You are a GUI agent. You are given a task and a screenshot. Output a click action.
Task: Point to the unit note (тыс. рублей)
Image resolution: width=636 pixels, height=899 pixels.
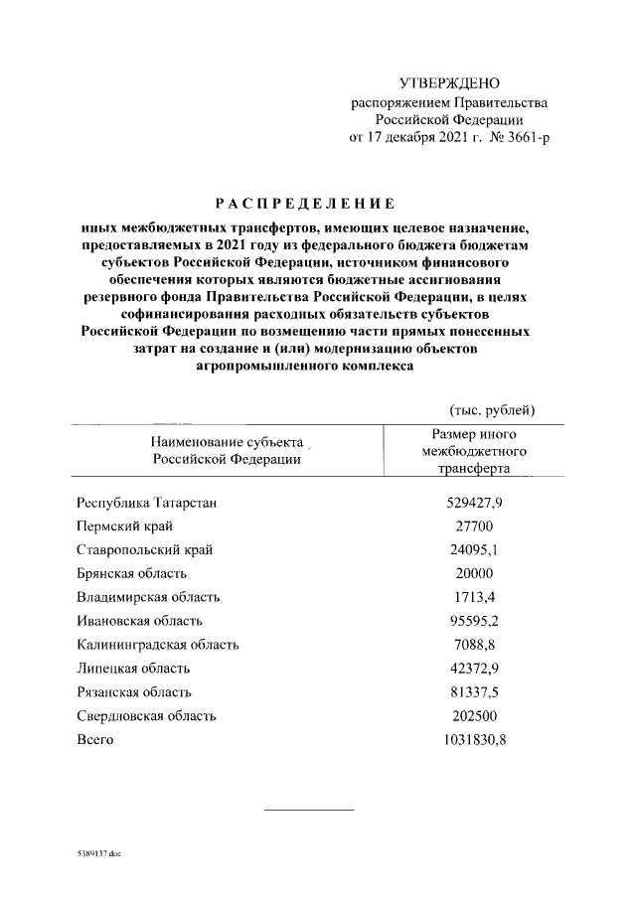tap(493, 409)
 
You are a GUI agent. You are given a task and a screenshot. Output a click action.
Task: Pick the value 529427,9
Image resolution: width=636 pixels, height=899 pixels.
tap(474, 503)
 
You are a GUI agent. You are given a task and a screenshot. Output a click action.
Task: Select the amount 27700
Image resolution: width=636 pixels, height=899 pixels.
tap(474, 526)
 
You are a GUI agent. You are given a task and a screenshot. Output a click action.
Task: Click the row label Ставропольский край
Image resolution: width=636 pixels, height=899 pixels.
tap(144, 549)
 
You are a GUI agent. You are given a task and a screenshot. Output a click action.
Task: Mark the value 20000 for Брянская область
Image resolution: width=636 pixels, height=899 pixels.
tap(474, 573)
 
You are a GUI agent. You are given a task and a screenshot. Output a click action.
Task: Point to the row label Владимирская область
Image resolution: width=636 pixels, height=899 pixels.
tap(148, 597)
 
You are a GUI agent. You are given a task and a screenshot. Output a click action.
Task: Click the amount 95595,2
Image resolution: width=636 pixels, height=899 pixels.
tap(474, 621)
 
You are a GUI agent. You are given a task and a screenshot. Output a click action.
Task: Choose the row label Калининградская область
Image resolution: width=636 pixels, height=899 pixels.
tap(157, 645)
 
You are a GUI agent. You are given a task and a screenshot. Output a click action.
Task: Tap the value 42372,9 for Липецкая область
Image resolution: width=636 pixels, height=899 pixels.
tap(474, 669)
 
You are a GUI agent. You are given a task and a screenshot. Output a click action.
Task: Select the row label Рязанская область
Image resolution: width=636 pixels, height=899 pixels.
tap(134, 692)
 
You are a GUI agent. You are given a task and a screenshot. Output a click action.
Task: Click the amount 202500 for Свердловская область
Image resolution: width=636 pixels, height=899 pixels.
tap(474, 716)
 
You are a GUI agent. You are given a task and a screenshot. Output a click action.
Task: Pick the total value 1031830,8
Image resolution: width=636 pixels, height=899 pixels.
tap(474, 740)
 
